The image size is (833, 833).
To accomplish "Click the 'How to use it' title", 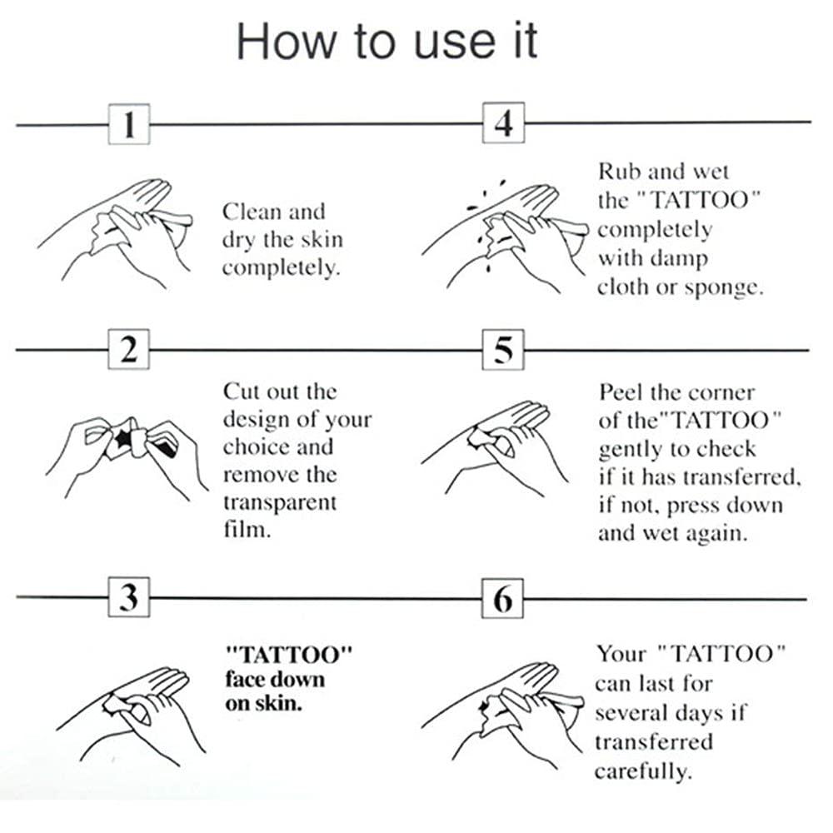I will coord(387,41).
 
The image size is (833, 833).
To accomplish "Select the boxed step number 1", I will coord(129,125).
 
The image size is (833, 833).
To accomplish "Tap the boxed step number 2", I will coord(129,350).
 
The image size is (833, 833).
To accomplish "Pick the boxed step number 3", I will coord(129,598).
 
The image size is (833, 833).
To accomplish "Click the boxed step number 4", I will coord(503,124).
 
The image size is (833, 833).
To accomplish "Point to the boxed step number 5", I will coord(503,350).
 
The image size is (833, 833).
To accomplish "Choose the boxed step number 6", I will coord(503,598).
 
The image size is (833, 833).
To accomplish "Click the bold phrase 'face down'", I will coord(275,678).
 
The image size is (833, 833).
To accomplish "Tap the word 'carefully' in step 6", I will coord(642,771).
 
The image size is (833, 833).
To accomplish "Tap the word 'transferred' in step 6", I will coord(654,741).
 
